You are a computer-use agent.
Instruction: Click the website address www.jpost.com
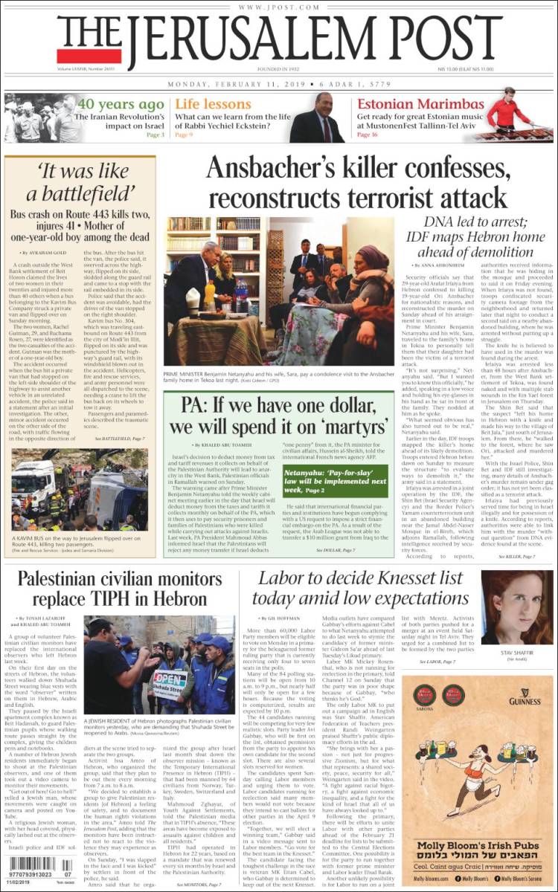point(278,7)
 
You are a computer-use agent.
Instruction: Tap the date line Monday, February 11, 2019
point(237,83)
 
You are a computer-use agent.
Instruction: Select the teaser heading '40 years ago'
point(121,104)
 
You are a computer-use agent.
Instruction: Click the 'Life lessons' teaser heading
point(213,104)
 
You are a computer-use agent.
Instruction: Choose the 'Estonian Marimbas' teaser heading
point(420,104)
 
